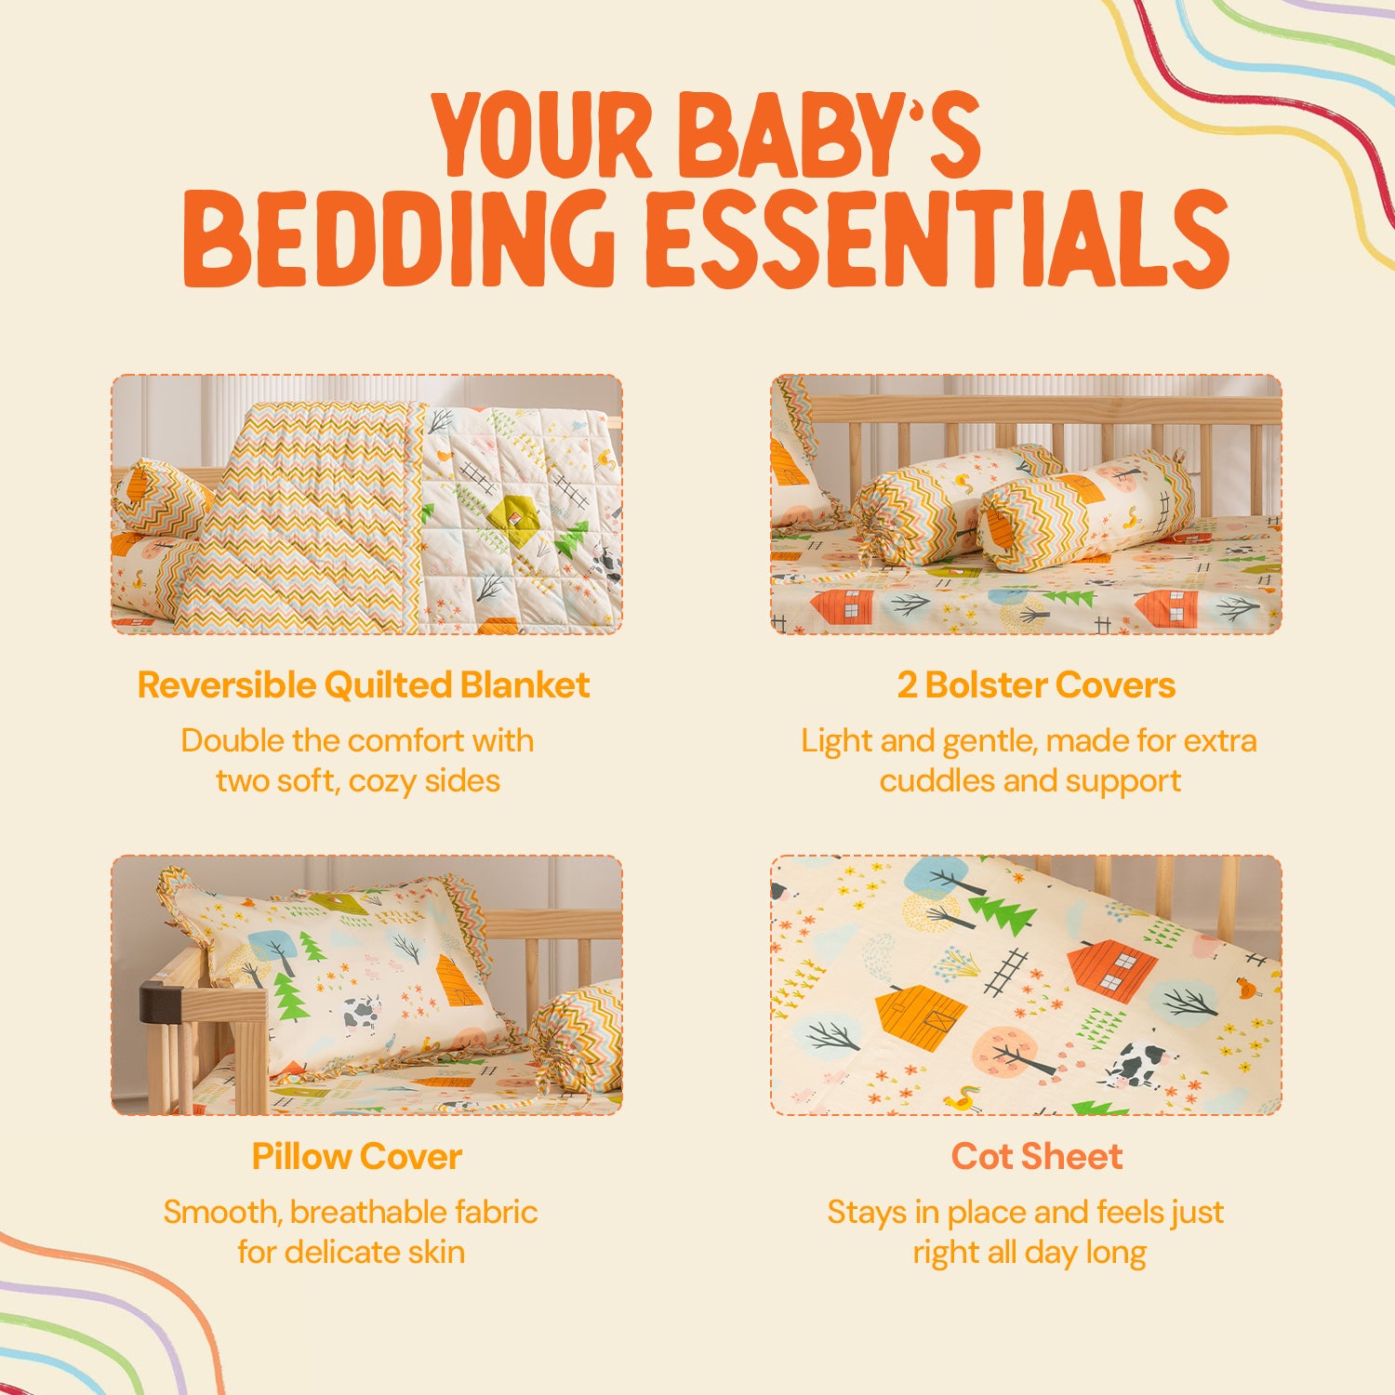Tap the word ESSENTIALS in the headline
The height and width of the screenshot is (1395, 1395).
point(937,238)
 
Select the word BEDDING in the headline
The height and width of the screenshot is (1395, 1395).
point(398,238)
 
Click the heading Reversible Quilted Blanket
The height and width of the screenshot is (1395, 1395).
point(364,685)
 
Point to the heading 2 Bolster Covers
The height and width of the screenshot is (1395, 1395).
point(1036,685)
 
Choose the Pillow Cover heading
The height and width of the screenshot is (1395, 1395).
point(357,1157)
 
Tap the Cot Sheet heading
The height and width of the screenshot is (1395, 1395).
point(1037,1157)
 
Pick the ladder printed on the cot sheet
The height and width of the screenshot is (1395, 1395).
point(1005,973)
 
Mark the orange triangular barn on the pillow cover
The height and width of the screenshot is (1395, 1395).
point(458,980)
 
